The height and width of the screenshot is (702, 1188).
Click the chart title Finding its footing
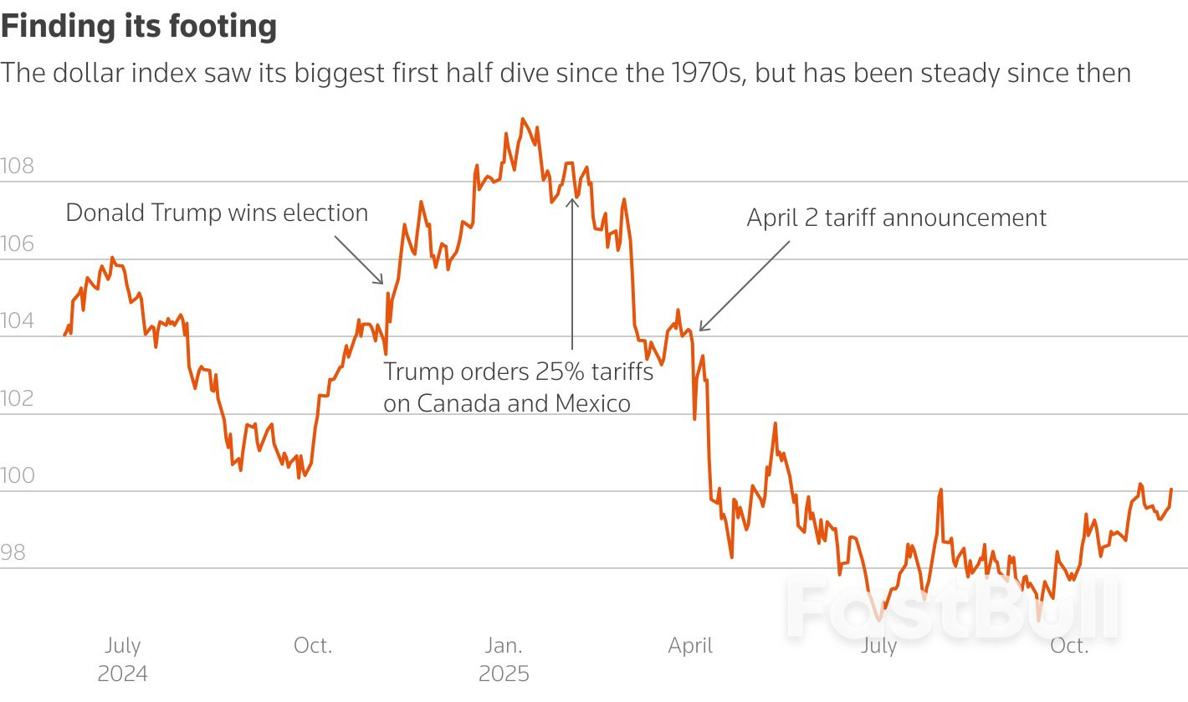pos(139,27)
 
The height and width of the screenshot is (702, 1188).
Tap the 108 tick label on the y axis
pos(18,166)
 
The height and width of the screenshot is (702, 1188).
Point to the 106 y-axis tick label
pos(18,243)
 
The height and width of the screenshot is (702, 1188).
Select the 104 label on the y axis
pos(18,321)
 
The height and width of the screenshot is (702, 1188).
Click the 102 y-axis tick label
pos(18,398)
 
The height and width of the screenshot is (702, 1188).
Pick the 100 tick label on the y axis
pos(18,476)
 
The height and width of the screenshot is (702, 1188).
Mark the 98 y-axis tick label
pos(13,553)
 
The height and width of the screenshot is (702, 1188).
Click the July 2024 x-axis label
pos(122,659)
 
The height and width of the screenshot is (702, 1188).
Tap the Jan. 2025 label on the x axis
pos(504,659)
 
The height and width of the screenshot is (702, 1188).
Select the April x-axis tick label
pos(690,646)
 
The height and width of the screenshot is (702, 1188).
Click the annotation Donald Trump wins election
pos(217,213)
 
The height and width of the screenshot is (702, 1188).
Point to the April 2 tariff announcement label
pos(896,218)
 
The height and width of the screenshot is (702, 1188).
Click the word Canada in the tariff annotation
pos(457,403)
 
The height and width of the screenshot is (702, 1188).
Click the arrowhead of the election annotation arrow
pos(381,283)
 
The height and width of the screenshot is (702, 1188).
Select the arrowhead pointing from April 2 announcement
pos(701,329)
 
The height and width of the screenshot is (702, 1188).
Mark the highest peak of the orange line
pos(523,119)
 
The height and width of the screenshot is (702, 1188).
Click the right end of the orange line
pos(1171,489)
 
